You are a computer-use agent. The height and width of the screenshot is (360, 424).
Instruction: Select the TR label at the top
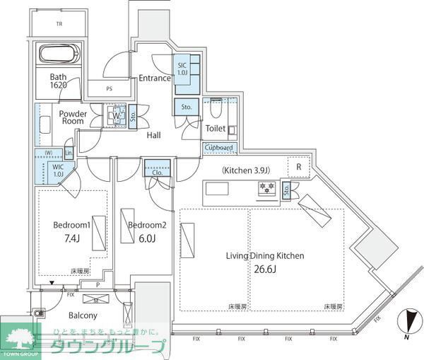(x=59, y=24)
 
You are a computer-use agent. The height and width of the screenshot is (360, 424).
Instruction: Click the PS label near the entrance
(x=109, y=89)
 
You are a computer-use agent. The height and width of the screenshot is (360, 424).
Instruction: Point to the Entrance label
(x=154, y=78)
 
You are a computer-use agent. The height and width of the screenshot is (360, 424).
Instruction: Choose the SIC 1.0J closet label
(x=182, y=69)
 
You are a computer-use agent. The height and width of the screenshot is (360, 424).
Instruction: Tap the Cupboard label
(x=218, y=148)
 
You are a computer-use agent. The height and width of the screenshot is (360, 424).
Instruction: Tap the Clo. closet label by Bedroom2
(x=155, y=170)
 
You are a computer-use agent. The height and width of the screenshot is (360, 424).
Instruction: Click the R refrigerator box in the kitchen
(x=299, y=167)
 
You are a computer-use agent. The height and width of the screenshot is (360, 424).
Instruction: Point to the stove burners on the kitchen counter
(x=267, y=187)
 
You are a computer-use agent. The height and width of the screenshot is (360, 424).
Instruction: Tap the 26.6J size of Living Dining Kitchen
(x=265, y=269)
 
